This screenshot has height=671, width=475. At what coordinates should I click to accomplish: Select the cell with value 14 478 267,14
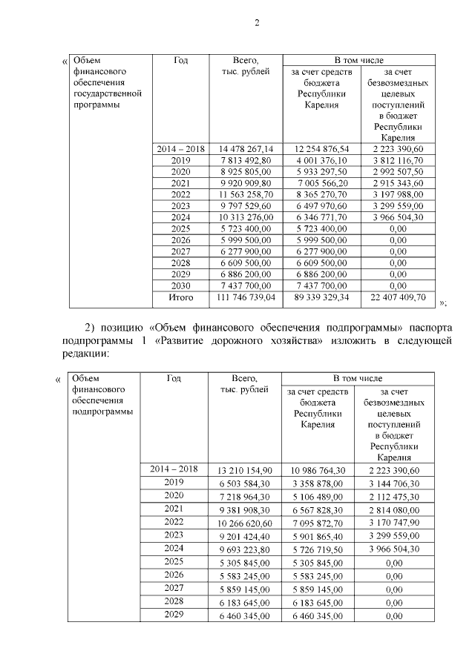point(241,149)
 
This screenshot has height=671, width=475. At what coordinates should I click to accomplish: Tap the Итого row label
point(180,297)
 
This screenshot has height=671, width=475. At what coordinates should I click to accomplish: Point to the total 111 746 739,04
point(241,297)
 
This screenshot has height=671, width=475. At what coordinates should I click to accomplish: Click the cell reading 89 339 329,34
point(321,297)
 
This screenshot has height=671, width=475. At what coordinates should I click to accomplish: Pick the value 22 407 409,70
point(398,297)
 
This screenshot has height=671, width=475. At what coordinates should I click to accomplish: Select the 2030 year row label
point(180,285)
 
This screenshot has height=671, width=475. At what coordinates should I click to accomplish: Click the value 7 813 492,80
point(241,160)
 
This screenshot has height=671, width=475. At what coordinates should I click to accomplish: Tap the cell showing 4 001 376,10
point(321,160)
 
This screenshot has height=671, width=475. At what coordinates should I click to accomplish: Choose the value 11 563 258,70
point(241,194)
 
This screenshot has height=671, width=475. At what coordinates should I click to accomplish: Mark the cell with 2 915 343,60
point(398,183)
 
